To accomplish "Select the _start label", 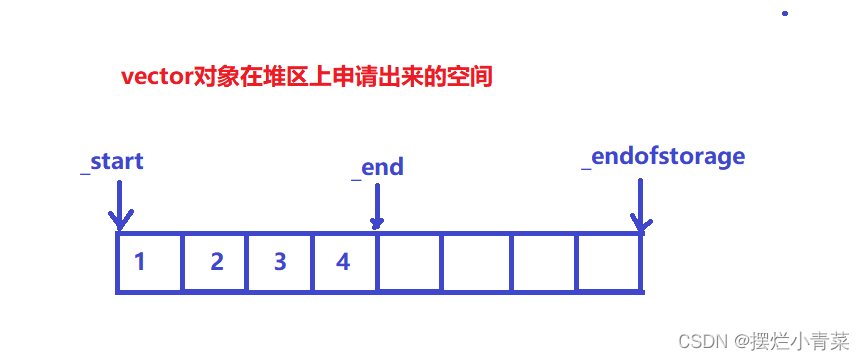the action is tap(112, 161).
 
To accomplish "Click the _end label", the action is tap(377, 167).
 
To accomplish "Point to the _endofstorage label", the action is tap(663, 157).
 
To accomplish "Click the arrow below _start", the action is tap(119, 205).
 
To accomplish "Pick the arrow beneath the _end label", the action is tap(377, 208).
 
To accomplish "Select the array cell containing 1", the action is tap(149, 263).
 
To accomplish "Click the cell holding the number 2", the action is tap(215, 263).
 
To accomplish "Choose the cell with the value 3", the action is tap(280, 263).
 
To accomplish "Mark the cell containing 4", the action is tap(345, 263).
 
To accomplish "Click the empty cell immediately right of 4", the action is tap(410, 263).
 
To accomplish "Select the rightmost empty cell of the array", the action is tap(609, 263).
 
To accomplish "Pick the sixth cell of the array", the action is tap(476, 263).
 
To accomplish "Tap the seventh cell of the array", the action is tap(543, 263).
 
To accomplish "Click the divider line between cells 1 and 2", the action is tap(182, 263).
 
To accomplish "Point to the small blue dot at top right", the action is tap(785, 14).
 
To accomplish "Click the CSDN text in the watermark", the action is tap(700, 341).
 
